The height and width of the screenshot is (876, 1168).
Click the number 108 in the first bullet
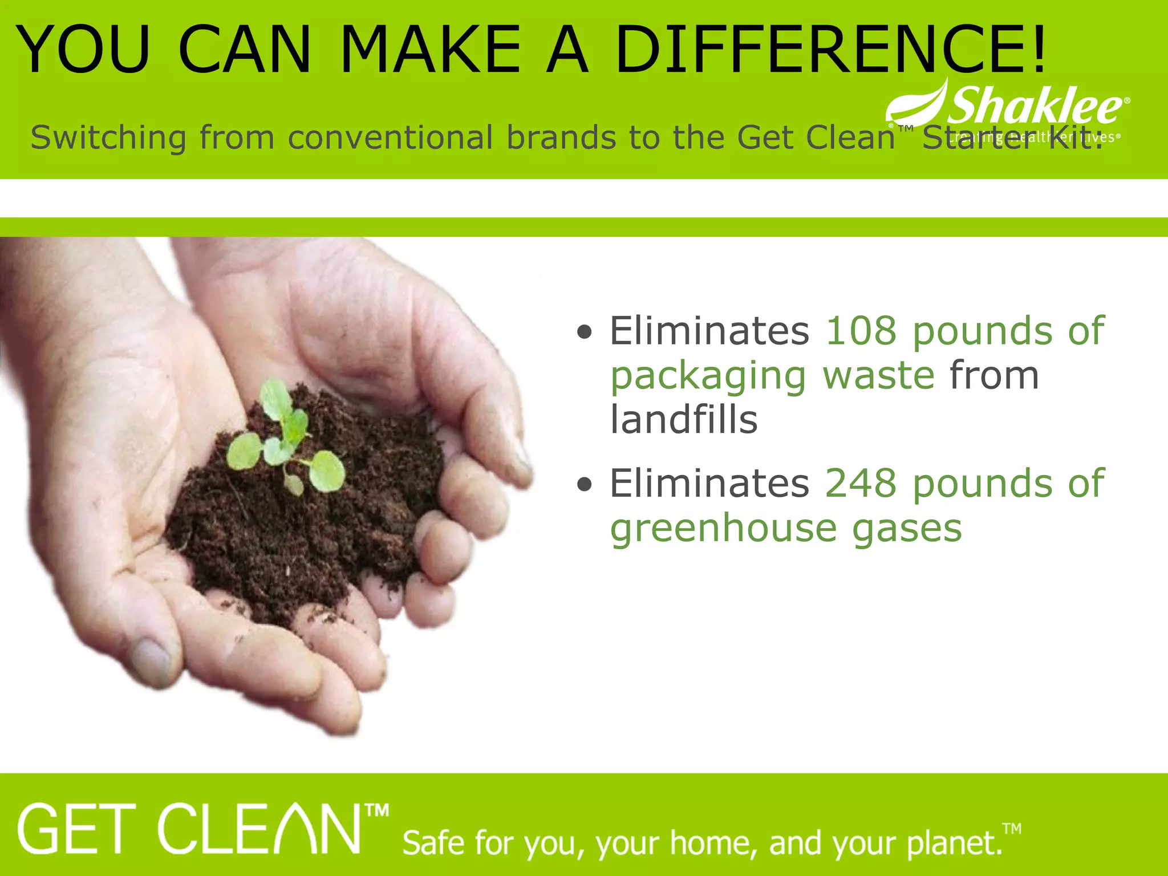pos(861,331)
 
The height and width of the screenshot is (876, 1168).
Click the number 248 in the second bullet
pos(861,484)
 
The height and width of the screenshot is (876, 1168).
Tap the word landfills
pos(683,420)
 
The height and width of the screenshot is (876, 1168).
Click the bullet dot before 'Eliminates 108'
pos(584,332)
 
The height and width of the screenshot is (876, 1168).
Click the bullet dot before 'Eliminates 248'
pos(584,485)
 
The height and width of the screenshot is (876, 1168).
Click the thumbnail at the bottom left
pos(151,662)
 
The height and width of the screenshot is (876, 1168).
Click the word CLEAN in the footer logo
pos(259,830)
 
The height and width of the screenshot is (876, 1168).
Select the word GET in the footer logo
pos(77,830)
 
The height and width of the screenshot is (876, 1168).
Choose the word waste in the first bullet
pos(878,376)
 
